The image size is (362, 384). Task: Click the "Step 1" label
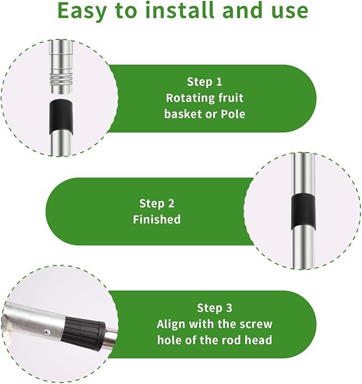[x=204, y=82]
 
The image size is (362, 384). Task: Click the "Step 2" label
[x=157, y=203]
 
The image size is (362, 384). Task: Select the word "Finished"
[x=157, y=219]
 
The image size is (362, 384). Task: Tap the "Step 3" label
[x=214, y=308]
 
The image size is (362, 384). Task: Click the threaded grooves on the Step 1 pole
[x=61, y=79]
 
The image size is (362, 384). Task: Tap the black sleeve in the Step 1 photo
[x=61, y=116]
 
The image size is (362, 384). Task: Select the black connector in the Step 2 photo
[x=303, y=211]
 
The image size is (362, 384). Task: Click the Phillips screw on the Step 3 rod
[x=47, y=332]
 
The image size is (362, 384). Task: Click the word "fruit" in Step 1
[x=230, y=98]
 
